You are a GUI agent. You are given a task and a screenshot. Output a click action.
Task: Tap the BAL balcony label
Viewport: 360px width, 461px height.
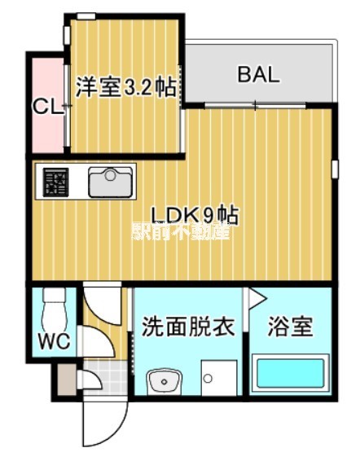(258, 76)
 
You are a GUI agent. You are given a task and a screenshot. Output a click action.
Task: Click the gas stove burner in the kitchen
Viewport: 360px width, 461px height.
(56, 182)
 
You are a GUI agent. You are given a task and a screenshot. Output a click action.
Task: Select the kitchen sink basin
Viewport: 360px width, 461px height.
(111, 182)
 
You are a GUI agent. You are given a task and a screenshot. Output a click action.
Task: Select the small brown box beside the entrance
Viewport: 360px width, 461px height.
(65, 376)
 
